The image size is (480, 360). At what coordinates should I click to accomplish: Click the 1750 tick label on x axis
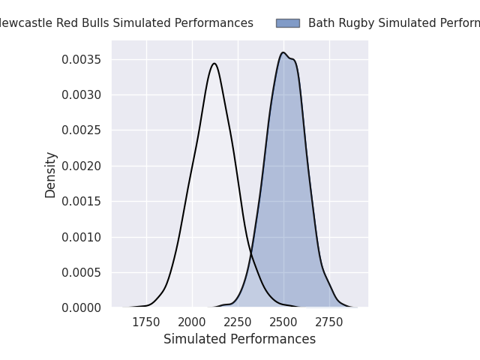pos(146,322)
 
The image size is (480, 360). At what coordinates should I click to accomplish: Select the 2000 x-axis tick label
pos(192,322)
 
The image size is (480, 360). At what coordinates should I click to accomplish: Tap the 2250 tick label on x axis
pos(238,322)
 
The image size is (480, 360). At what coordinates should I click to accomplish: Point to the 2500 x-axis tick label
pos(283,322)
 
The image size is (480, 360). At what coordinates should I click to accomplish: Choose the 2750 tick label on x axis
pos(329,322)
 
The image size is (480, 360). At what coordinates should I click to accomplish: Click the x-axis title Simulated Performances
pos(239,339)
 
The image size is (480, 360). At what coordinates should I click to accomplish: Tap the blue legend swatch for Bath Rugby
pos(287,23)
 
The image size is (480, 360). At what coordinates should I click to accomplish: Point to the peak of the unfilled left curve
pos(214,64)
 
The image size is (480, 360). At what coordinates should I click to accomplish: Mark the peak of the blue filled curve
pos(283,52)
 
